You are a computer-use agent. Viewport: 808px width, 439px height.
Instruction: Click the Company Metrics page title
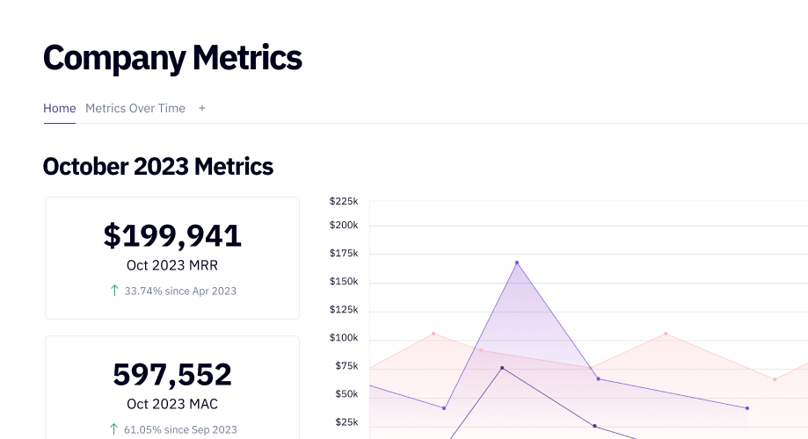pos(172,58)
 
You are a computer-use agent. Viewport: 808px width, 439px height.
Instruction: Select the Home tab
pos(60,108)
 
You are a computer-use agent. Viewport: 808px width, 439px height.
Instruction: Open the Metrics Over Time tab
pos(135,108)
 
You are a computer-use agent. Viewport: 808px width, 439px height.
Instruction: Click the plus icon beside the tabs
pos(202,108)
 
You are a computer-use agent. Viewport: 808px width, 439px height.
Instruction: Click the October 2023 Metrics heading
pos(158,166)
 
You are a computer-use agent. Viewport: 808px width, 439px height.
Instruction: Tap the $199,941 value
pos(172,235)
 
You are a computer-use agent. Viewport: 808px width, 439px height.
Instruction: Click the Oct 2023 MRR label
pos(172,265)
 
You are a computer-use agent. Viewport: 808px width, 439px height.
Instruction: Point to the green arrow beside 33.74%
pos(114,291)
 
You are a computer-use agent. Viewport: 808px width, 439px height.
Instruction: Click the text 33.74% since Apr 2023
pos(180,291)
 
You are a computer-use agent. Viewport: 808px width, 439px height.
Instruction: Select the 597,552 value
pos(172,374)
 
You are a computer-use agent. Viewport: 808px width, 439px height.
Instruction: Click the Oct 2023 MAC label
pos(172,404)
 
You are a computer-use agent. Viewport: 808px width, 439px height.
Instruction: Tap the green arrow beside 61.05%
pos(114,429)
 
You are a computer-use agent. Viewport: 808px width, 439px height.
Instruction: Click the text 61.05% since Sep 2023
pos(180,429)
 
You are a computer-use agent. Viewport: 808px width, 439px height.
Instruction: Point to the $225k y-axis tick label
pos(344,201)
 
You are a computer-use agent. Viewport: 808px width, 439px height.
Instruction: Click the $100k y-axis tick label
pos(344,338)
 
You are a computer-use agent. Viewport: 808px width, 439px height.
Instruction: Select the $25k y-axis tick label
pos(346,422)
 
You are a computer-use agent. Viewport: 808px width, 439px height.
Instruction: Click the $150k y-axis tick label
pos(344,282)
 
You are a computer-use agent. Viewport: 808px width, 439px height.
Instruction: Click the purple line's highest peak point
pos(517,263)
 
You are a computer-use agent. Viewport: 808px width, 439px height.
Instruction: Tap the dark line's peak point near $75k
pos(502,368)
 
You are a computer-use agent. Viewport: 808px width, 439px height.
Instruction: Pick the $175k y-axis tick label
pos(344,254)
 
